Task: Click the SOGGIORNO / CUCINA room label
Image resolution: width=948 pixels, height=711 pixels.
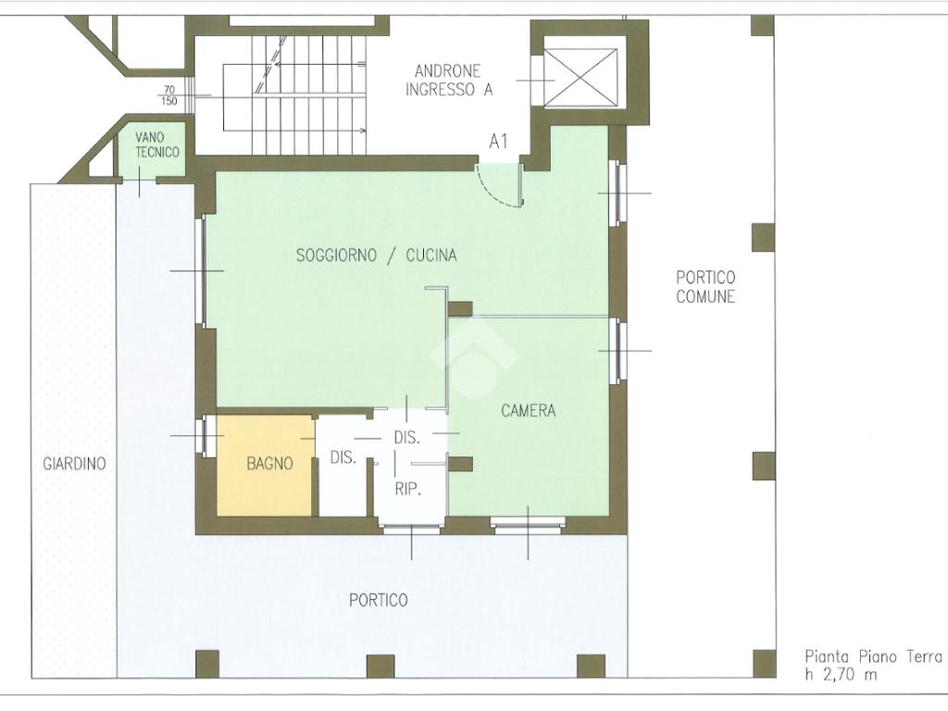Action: (x=376, y=256)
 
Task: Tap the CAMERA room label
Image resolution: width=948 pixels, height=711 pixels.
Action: (x=528, y=411)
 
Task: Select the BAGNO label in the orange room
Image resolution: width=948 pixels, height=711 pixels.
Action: (x=269, y=464)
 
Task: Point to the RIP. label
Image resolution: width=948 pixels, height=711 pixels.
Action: (x=407, y=489)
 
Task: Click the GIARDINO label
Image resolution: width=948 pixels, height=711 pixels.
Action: (x=74, y=464)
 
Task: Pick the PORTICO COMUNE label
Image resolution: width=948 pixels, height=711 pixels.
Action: (x=705, y=287)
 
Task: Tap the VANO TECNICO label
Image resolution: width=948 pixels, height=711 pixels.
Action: (x=157, y=145)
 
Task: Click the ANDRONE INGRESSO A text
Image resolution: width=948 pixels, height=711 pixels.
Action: (x=449, y=81)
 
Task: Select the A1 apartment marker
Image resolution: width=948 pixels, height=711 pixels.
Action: (x=498, y=142)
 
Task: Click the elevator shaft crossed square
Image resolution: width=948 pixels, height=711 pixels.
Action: (x=580, y=78)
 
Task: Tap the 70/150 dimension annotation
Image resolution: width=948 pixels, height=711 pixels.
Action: (x=168, y=95)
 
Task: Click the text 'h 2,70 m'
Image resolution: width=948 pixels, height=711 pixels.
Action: (x=841, y=675)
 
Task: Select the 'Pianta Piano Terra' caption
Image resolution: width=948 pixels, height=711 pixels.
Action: (x=873, y=656)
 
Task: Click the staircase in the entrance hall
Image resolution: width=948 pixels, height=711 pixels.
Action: (x=294, y=95)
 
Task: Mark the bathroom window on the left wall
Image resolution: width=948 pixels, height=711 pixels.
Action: (x=206, y=436)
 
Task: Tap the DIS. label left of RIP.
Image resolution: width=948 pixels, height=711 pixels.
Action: (x=343, y=457)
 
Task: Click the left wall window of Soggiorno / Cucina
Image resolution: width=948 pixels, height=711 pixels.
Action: (x=202, y=271)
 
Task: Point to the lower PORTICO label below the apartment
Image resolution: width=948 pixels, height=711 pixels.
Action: (x=379, y=600)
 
